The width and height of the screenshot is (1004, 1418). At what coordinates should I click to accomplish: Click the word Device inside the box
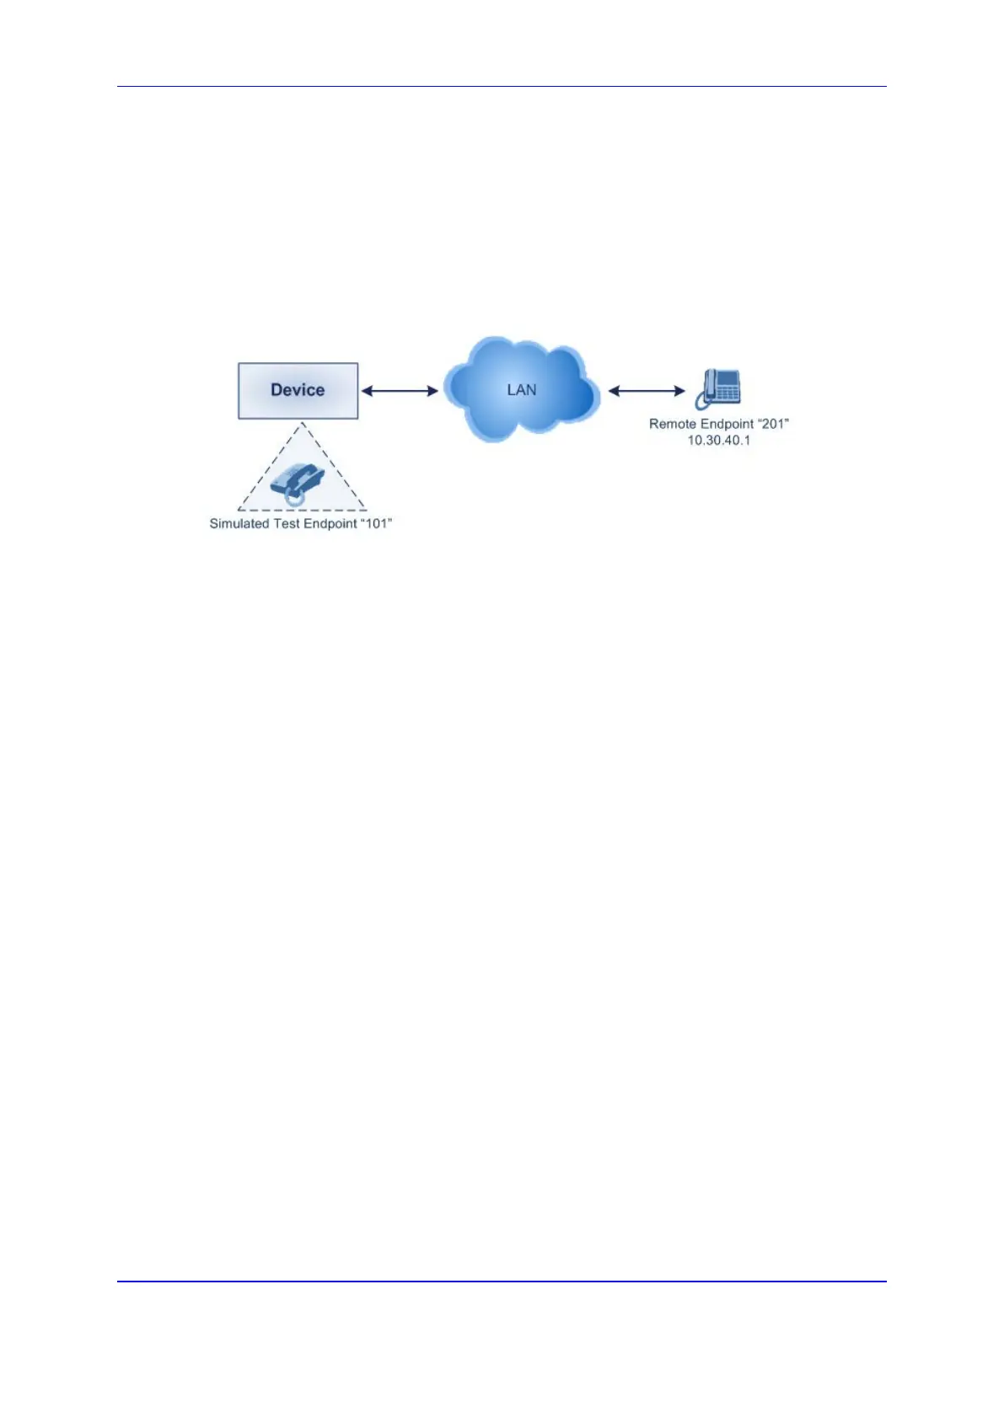(298, 390)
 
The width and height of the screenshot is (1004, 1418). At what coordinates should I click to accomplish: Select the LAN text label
(521, 390)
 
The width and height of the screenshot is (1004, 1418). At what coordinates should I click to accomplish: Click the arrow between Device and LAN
(400, 391)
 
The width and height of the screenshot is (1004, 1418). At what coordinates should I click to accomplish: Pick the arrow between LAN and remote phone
(647, 391)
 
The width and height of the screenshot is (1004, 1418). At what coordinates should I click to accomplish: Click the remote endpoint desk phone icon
(718, 388)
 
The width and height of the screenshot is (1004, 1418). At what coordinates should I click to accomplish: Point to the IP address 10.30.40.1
(718, 440)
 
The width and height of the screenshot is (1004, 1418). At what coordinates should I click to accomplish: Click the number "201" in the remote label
(774, 424)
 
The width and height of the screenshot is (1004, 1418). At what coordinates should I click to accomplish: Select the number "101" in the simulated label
(377, 523)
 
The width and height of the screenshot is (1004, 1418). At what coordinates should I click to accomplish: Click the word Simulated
(239, 523)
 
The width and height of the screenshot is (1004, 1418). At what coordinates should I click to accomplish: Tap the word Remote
(672, 424)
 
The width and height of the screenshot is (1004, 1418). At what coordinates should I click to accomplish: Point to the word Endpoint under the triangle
(330, 523)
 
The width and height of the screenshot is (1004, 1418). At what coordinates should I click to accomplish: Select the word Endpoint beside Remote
(727, 424)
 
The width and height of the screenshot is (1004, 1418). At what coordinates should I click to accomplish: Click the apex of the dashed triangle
(302, 424)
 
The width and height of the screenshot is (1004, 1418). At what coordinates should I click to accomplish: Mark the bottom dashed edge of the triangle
(302, 510)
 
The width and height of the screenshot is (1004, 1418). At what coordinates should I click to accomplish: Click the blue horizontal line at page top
(502, 86)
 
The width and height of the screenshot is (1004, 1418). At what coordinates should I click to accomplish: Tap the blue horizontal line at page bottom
(502, 1282)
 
